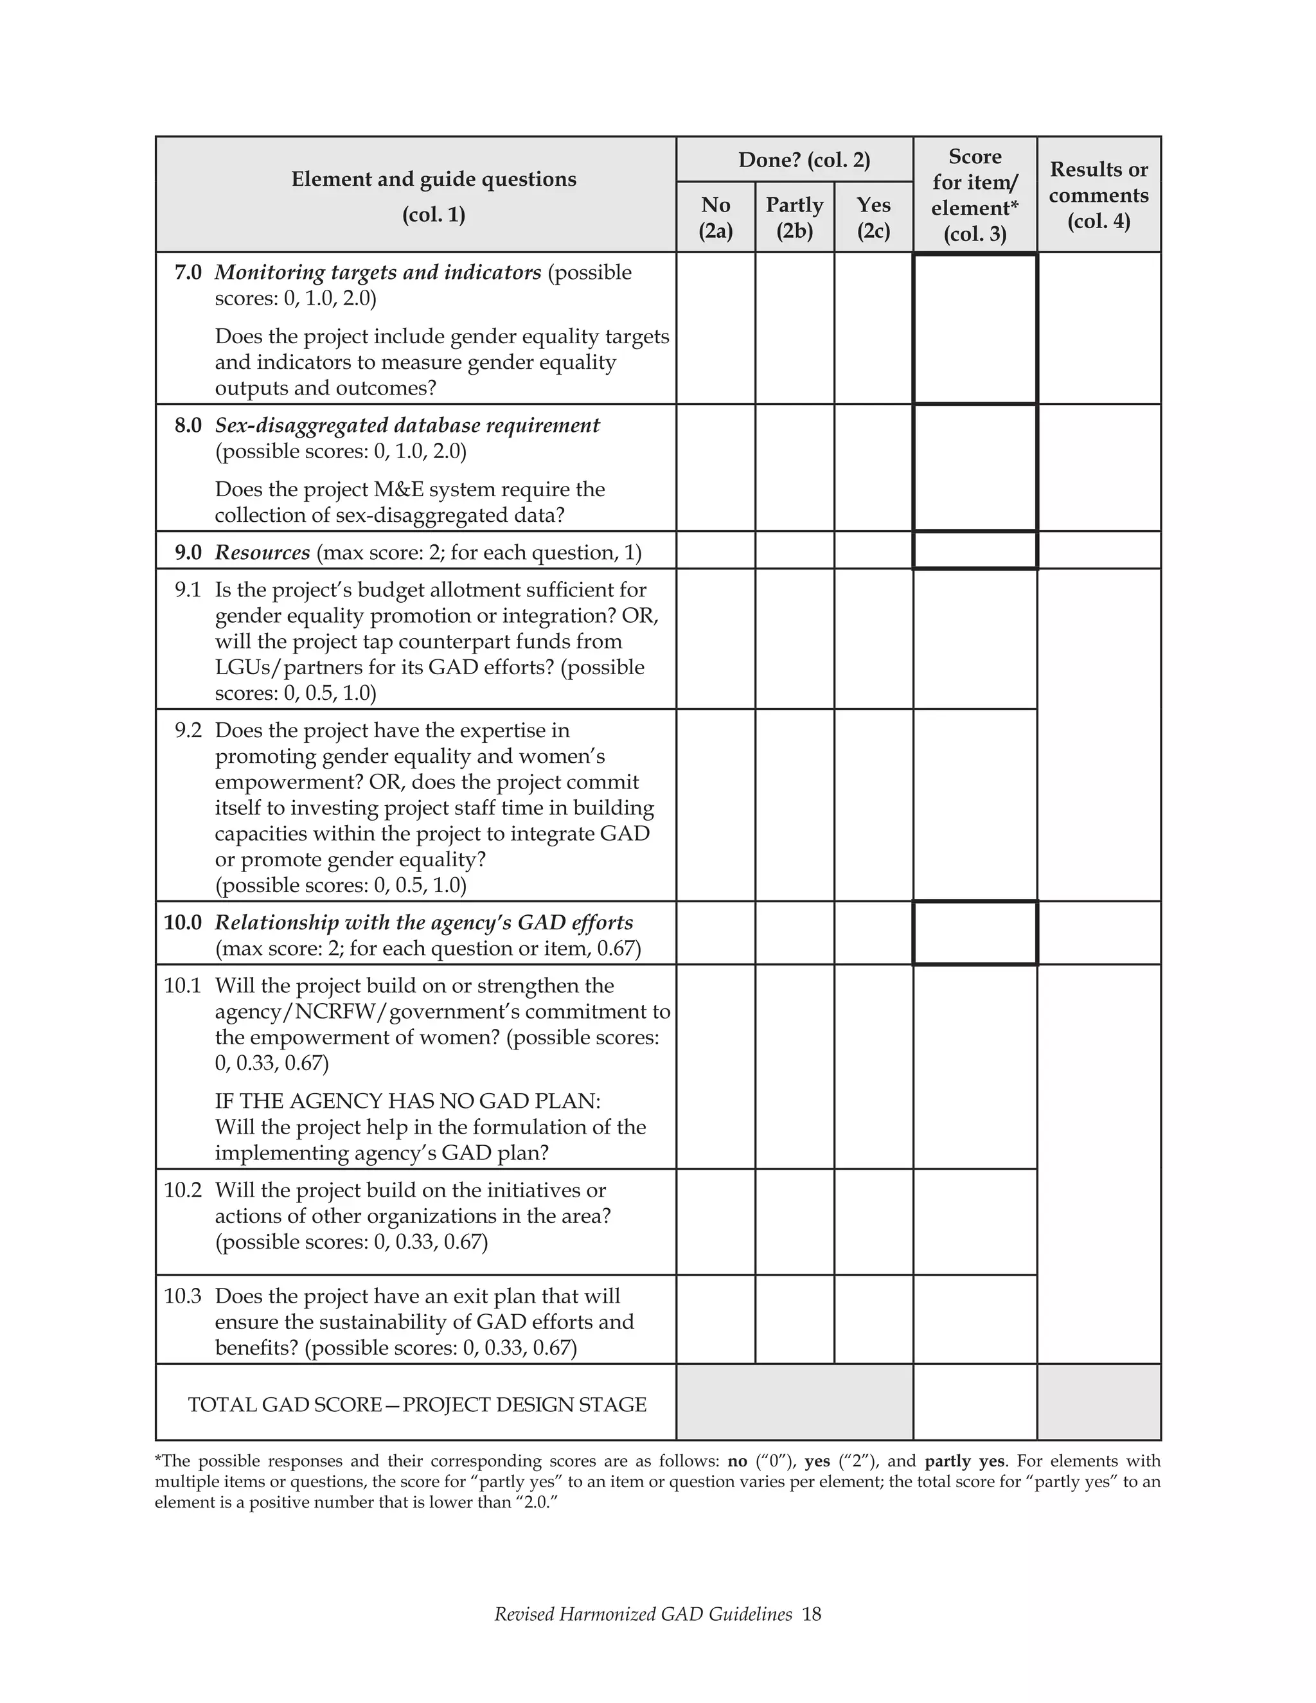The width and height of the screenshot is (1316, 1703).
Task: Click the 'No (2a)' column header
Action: pyautogui.click(x=716, y=218)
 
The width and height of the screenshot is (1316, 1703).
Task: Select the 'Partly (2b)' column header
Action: pyautogui.click(x=794, y=218)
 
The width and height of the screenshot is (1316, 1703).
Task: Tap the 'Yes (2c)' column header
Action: pyautogui.click(x=873, y=218)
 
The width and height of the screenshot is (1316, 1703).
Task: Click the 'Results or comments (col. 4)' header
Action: pyautogui.click(x=1098, y=195)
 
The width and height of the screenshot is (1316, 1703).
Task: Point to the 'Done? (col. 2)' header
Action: pyautogui.click(x=804, y=160)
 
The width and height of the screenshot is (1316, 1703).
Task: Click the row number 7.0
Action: pyautogui.click(x=188, y=273)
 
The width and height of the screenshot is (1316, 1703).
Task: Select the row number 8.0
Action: pyautogui.click(x=188, y=425)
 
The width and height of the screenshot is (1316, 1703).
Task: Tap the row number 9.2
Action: pyautogui.click(x=188, y=731)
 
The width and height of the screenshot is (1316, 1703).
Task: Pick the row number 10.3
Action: pyautogui.click(x=182, y=1296)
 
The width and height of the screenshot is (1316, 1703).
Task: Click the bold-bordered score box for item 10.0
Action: pyautogui.click(x=975, y=933)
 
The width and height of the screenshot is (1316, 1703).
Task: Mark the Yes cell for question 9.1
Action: pyautogui.click(x=873, y=639)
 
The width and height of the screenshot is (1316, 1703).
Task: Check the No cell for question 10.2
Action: pyautogui.click(x=716, y=1222)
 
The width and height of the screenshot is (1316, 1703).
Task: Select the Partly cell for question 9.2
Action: pyautogui.click(x=794, y=805)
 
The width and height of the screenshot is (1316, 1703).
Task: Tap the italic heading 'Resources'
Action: pyautogui.click(x=263, y=553)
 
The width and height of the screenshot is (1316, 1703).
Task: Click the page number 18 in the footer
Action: pyautogui.click(x=812, y=1614)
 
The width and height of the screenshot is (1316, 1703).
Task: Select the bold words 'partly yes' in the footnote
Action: pyautogui.click(x=965, y=1461)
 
